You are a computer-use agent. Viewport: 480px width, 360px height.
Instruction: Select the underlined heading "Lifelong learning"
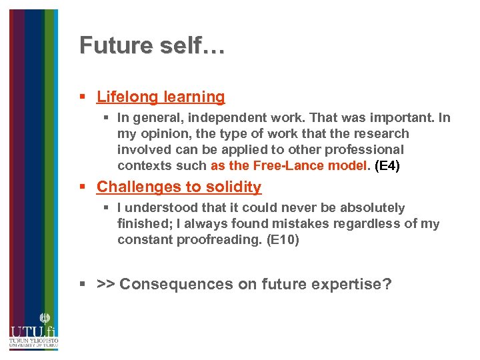[x=161, y=97]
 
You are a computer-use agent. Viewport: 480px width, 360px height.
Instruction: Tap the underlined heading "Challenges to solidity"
[x=179, y=187]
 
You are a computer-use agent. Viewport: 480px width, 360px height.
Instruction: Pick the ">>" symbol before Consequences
[x=106, y=285]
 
